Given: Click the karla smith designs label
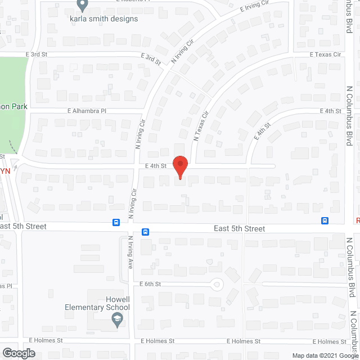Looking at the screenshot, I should coord(103,19).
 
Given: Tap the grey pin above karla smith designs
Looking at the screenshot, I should coord(82,6).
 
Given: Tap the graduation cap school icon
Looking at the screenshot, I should coord(118,321).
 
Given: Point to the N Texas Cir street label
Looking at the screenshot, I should coord(201,125).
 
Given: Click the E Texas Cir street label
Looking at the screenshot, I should coord(326,55).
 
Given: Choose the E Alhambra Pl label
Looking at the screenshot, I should coord(87,111).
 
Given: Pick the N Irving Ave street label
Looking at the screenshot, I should coord(130,251).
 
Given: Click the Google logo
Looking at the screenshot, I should coord(18,353).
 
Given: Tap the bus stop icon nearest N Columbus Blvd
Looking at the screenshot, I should coord(325,220).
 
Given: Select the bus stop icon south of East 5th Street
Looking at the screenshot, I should coord(145,232).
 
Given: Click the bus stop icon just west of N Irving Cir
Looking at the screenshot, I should coord(116,222).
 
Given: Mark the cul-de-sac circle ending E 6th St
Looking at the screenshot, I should coord(217,284).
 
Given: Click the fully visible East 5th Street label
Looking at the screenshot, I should coord(239,229).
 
